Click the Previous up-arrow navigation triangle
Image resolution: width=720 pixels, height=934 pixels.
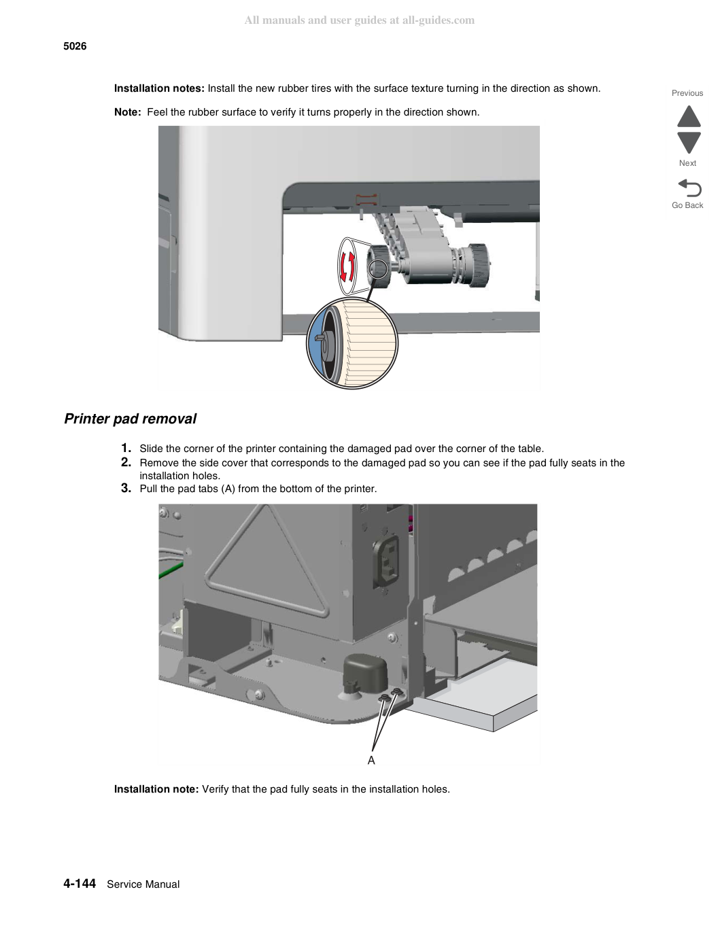tap(689, 116)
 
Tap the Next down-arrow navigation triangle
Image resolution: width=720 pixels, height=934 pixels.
tap(689, 143)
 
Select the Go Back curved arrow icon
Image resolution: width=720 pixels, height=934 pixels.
tap(689, 188)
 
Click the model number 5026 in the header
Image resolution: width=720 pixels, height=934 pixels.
tap(75, 46)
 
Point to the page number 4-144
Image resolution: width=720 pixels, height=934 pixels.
tap(80, 883)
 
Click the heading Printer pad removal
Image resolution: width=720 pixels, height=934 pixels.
tap(130, 419)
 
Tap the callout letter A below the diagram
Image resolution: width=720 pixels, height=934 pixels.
tap(371, 761)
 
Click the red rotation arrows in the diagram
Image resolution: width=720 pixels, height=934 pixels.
tap(347, 266)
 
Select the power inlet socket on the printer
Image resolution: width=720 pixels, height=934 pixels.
tap(386, 561)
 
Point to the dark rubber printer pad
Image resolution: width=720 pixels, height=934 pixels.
tap(365, 674)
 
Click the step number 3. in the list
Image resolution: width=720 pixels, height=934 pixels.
tap(126, 488)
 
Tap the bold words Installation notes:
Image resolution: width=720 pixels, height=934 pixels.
tap(159, 88)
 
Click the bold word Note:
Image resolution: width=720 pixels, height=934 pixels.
tap(128, 112)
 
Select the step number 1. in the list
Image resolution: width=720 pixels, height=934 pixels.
tap(126, 448)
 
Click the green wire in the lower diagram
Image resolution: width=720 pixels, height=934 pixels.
tap(171, 569)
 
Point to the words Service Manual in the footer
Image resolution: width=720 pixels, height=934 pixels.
tap(143, 884)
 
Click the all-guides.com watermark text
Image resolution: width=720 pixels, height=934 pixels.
tap(360, 20)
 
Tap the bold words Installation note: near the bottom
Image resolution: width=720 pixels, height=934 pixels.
tap(156, 789)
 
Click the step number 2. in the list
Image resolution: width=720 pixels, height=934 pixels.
tap(126, 462)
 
